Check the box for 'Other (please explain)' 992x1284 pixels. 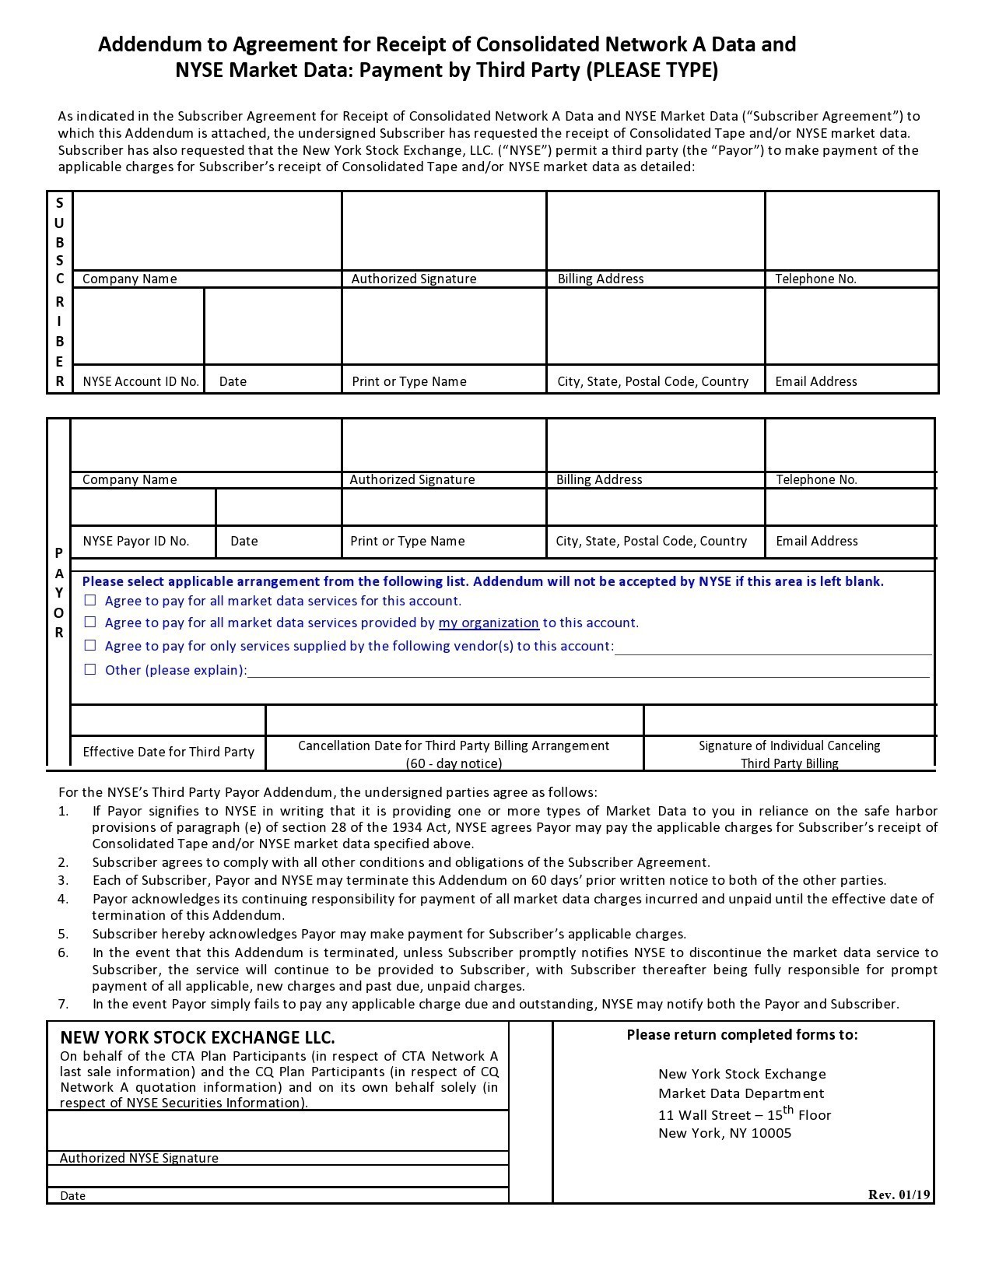tap(90, 669)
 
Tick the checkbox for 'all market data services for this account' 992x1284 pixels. tap(90, 600)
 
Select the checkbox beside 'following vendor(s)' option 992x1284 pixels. tap(90, 645)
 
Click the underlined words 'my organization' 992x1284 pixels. tap(489, 623)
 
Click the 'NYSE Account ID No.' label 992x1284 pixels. tap(141, 381)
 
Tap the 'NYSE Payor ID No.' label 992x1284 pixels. tap(136, 541)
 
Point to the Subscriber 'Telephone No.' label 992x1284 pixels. tap(815, 279)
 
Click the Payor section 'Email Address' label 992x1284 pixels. tap(817, 541)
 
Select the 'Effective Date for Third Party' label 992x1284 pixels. tap(169, 752)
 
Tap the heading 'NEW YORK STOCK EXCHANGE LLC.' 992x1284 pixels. tap(198, 1037)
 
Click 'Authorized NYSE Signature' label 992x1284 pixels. tap(139, 1158)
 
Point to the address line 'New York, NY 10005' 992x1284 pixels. tap(724, 1133)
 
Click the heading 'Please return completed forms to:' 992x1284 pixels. tap(742, 1034)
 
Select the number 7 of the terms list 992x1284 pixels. tap(64, 1004)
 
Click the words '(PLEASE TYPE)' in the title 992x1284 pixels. tap(652, 70)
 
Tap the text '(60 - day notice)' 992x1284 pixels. tap(454, 763)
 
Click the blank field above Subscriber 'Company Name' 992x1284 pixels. tap(207, 230)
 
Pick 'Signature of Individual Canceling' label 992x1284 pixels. tap(789, 745)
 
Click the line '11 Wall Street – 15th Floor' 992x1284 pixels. tap(745, 1114)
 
